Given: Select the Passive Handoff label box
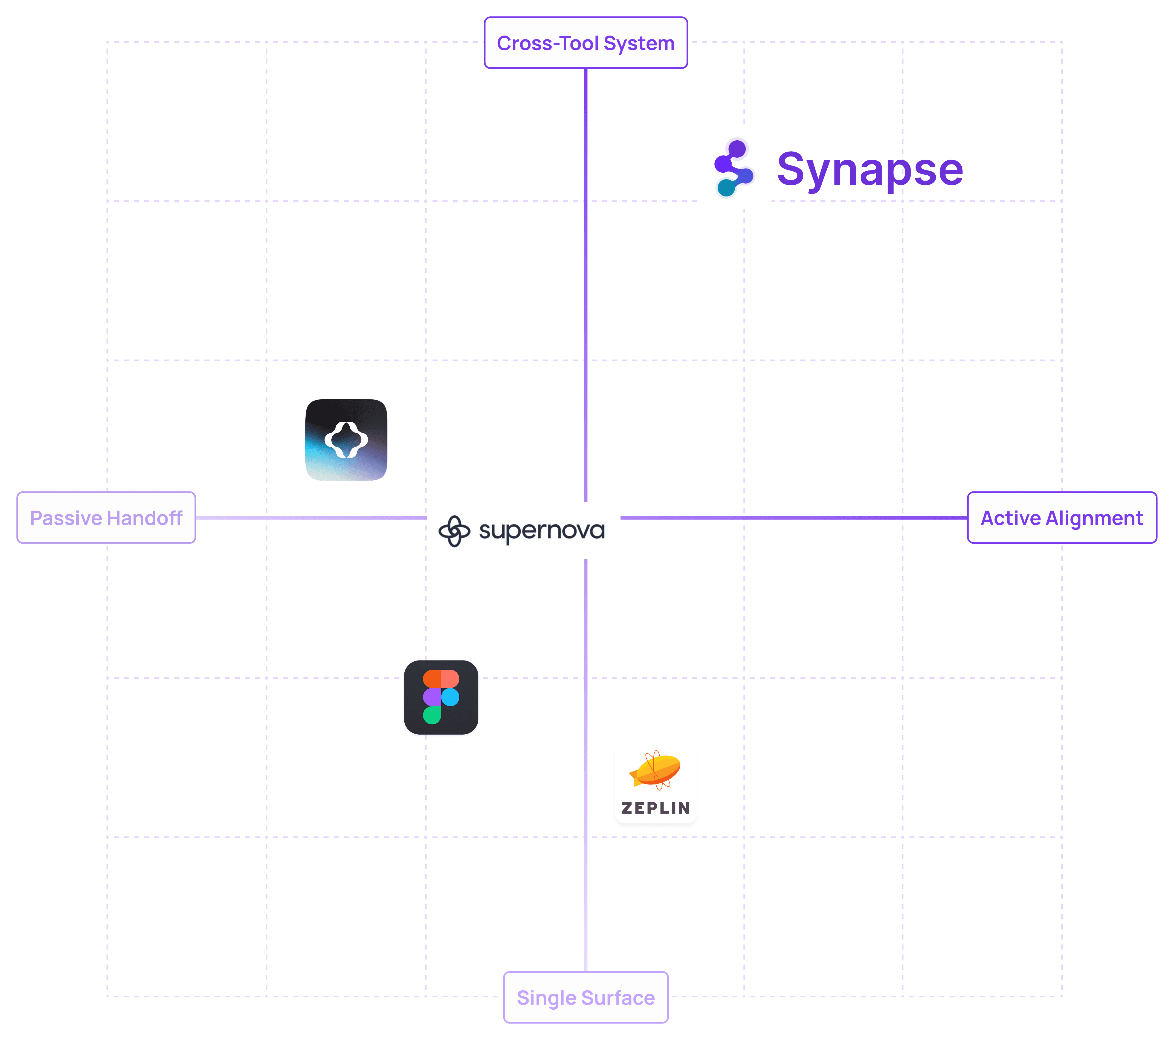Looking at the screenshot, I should click(106, 517).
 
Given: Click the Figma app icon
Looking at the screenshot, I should click(441, 697).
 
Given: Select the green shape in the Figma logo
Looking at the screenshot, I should click(432, 715).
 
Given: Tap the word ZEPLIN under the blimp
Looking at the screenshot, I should click(655, 808).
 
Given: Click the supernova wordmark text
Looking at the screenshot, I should click(542, 531).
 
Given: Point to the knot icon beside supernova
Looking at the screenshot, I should click(454, 531).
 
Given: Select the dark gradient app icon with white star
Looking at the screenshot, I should click(346, 440).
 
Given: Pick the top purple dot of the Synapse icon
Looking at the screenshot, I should click(737, 149).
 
